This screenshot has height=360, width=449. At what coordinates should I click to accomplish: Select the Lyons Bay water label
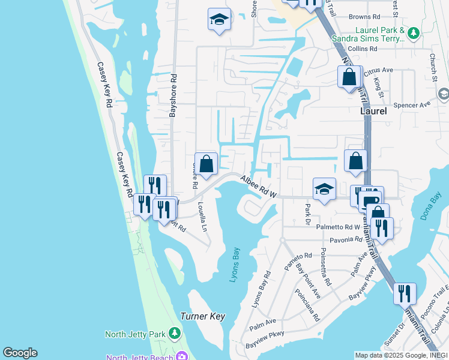pos(235,265)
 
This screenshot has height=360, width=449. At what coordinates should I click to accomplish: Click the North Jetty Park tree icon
pos(174,332)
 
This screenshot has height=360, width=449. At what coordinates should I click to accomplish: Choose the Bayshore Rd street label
pos(173,95)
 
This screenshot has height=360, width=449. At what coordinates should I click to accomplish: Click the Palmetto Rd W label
pos(340,227)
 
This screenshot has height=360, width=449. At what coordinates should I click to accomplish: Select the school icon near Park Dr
pos(324,189)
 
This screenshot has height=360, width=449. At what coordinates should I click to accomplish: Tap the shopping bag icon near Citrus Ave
pos(349,77)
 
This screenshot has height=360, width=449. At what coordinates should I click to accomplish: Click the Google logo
pos(20,352)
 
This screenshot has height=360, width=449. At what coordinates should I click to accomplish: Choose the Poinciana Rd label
pos(306,305)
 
